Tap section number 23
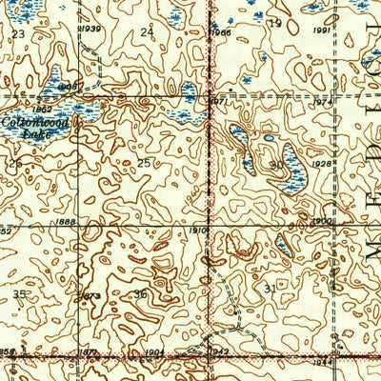tap(18, 34)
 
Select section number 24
tap(146, 32)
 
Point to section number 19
tap(275, 23)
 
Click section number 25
tap(143, 163)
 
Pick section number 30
tap(275, 165)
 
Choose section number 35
tap(20, 295)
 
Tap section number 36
tap(140, 294)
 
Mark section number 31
tap(271, 289)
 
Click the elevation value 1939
tap(91, 29)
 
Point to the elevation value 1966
tap(220, 32)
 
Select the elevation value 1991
tap(320, 30)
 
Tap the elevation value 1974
tap(324, 102)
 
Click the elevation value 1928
tap(322, 165)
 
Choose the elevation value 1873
tap(90, 296)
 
